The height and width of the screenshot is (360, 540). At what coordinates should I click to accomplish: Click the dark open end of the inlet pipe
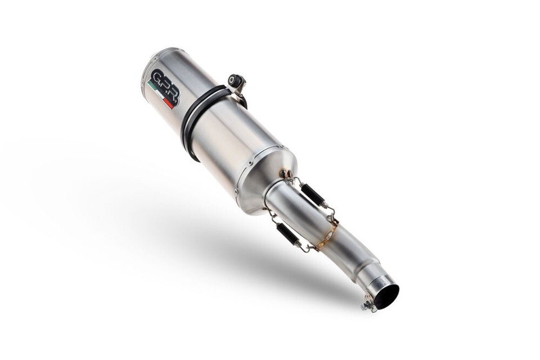pos(386,296)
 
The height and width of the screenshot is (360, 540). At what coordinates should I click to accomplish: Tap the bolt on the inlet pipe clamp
pos(368,307)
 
